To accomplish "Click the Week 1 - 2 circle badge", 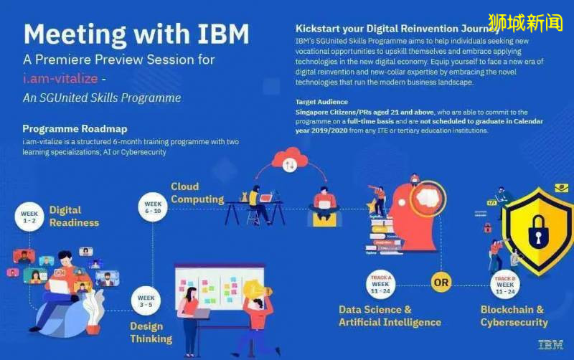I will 29,217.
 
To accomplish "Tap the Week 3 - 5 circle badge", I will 146,301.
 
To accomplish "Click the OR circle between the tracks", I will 441,282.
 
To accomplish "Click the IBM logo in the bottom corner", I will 550,345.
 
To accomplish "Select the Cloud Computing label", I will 197,193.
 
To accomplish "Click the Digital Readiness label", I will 73,216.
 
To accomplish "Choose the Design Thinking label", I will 151,332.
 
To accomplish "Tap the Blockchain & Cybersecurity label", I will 514,316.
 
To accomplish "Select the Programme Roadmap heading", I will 75,129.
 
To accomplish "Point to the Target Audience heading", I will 321,102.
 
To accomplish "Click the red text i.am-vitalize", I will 60,78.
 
